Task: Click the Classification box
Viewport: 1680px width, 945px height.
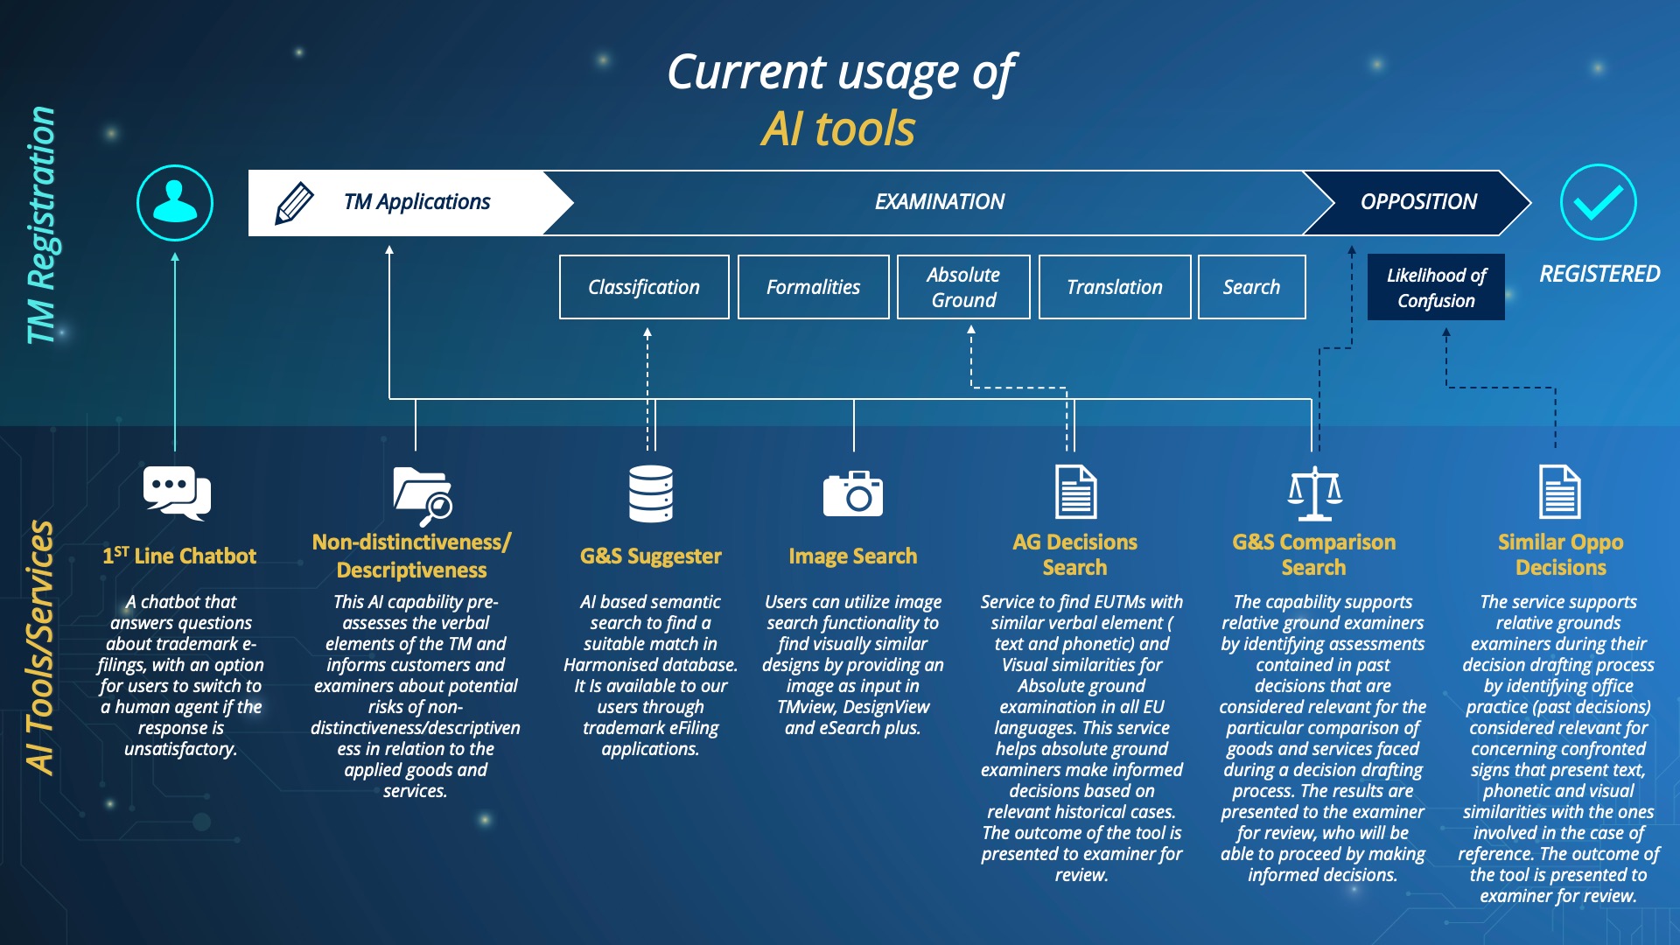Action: (644, 287)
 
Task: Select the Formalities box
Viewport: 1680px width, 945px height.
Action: (813, 287)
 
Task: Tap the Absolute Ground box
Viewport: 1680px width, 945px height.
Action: (963, 287)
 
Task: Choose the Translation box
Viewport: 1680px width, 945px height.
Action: (1114, 287)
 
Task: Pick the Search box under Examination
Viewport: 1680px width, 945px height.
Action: (1251, 287)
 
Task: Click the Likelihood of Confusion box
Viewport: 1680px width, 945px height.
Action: (1436, 287)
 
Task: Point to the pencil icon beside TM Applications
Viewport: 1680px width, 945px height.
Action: (295, 203)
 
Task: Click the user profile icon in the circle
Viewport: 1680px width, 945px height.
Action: (175, 203)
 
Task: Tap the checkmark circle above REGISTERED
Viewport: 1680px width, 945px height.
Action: (1598, 202)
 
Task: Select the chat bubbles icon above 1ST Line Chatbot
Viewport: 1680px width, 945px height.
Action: (177, 493)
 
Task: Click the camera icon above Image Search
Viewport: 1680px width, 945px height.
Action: (853, 493)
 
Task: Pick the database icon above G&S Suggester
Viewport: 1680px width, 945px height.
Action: (651, 493)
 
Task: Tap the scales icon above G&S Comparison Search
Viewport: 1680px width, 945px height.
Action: (1314, 493)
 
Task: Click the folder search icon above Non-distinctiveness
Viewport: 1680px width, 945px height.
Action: (422, 493)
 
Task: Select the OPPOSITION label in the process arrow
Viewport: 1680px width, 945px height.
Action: (1418, 202)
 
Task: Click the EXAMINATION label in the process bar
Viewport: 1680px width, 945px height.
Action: (940, 202)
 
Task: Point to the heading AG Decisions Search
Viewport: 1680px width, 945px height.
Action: (1074, 555)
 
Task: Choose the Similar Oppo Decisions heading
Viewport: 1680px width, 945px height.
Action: (1560, 555)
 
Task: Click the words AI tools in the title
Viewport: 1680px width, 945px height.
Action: (838, 129)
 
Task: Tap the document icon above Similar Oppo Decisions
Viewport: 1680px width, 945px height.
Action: (1559, 492)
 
